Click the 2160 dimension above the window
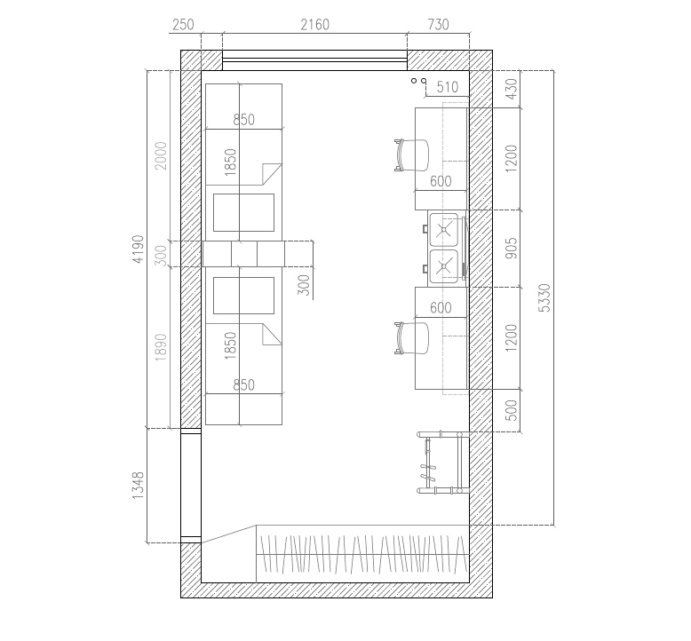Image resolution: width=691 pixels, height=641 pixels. click(x=314, y=25)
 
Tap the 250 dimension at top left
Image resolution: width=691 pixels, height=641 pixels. click(x=183, y=25)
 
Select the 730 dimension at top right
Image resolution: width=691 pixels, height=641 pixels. click(x=438, y=25)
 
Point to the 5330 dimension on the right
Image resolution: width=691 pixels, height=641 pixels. click(x=544, y=297)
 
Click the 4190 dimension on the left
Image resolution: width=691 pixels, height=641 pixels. click(x=138, y=249)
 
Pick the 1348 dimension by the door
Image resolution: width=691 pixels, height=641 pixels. click(x=138, y=485)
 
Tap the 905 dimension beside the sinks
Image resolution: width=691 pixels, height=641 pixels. click(x=511, y=248)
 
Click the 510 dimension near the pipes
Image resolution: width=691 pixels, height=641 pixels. click(x=448, y=87)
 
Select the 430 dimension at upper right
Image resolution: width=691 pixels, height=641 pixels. click(x=511, y=89)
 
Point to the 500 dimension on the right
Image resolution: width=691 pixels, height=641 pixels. click(x=511, y=410)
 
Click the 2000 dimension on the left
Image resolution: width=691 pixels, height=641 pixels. click(x=161, y=155)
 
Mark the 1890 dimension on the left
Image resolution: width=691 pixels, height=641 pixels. click(x=161, y=347)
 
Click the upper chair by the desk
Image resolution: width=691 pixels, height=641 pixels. click(x=411, y=155)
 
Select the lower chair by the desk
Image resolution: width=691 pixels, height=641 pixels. click(x=411, y=338)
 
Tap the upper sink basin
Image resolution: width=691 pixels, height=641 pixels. click(x=444, y=229)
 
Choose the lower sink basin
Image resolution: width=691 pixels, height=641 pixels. click(x=444, y=266)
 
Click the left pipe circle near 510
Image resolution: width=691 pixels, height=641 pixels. click(x=414, y=81)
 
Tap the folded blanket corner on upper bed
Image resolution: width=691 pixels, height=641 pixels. click(x=272, y=174)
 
